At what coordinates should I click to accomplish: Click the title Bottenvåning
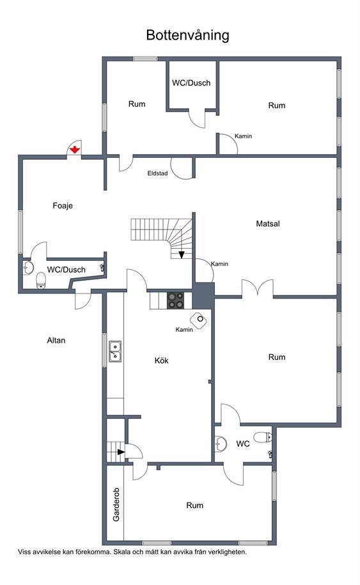pos(187,35)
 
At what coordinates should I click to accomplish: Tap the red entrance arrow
pos(75,150)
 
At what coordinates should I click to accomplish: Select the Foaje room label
pos(63,206)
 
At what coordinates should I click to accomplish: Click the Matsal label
pos(268,224)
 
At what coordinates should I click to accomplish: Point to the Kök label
pos(162,361)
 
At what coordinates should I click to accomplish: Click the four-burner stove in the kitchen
pos(175,300)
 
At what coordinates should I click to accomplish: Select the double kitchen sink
pos(115,351)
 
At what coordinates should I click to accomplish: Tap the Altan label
pos(56,340)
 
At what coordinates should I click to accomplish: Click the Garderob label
pos(116,505)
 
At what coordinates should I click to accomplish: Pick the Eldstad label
pos(157,173)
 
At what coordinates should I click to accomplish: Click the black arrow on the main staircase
pos(182,254)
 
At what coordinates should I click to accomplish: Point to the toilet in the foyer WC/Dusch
pos(41,281)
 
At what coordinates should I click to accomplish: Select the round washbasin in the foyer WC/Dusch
pos(28,267)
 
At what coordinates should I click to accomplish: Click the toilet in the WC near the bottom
pos(263,437)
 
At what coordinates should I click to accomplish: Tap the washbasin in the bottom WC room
pos(221,444)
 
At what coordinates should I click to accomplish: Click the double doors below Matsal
pos(258,288)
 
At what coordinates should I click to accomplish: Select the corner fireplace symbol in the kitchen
pos(199,320)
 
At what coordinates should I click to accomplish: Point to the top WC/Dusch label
pos(191,83)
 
